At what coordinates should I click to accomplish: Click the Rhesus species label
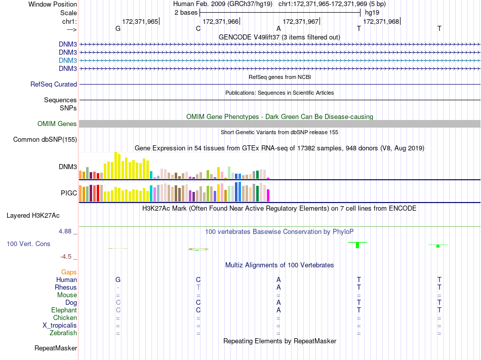66,287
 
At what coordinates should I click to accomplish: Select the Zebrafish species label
63,333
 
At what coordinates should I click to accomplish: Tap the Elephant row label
64,310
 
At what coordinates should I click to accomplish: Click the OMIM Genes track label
57,124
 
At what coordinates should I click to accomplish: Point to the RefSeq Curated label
54,84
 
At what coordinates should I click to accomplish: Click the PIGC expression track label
68,193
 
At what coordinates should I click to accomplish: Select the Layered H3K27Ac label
33,215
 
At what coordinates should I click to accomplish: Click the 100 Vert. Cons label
28,244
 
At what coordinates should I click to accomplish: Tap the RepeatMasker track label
56,348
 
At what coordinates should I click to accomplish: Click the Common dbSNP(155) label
45,139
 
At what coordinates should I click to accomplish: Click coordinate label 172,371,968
381,21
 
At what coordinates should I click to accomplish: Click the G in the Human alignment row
118,279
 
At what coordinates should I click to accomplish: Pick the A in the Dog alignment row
278,302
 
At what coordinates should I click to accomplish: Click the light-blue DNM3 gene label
68,60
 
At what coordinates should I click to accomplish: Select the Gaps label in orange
69,272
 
